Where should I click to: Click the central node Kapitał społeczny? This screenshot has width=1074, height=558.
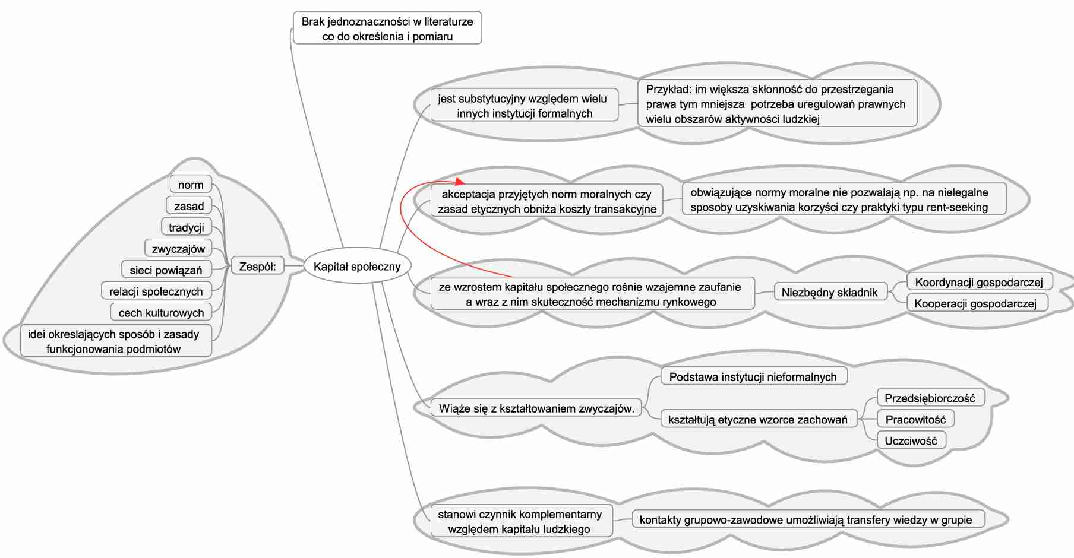coord(356,267)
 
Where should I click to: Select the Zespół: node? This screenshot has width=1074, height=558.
coord(257,267)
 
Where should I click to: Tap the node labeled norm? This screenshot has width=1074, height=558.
coord(191,185)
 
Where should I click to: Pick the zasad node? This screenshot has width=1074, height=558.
coord(189,206)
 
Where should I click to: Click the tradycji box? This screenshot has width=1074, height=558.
coord(186,227)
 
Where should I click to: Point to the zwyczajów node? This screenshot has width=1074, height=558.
coord(178,249)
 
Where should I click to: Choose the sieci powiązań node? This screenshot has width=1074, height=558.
coord(166,270)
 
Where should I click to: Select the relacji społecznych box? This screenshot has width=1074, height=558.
coord(156,291)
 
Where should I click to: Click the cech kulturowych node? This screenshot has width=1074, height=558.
coord(161,313)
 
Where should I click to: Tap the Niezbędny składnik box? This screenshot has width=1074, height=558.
coord(829,292)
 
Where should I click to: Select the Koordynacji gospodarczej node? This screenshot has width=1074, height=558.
coord(978,282)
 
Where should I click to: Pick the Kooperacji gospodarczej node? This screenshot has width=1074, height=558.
coord(975,303)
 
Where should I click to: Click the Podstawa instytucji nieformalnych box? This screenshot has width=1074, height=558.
coord(753,377)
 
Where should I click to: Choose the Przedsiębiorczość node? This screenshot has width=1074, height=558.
coord(930,398)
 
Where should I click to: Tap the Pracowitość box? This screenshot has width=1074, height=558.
coord(915,420)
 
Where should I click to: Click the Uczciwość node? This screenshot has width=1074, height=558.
coord(911,441)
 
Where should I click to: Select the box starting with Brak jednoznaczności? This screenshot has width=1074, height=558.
coord(387,28)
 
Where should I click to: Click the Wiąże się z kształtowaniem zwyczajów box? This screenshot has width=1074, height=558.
coord(536,408)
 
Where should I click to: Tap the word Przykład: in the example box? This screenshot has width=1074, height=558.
coord(668,90)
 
